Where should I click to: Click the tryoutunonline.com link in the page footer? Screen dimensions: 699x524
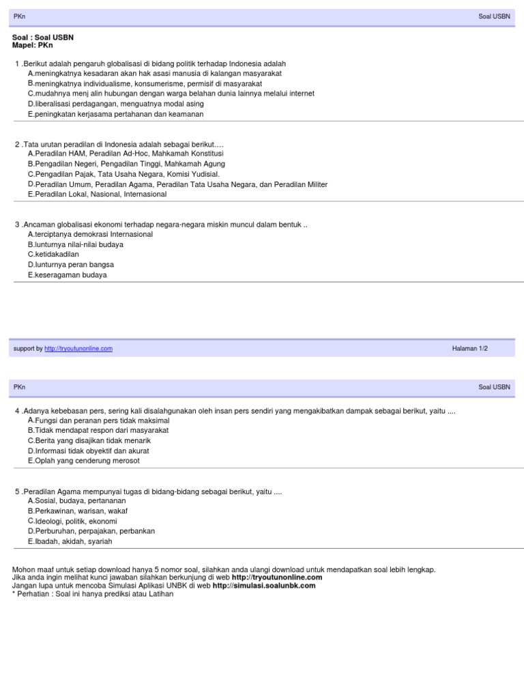tap(78, 348)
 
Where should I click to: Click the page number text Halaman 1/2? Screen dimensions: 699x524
tap(470, 348)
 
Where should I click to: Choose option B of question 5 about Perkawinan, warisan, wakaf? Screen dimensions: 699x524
tap(77, 511)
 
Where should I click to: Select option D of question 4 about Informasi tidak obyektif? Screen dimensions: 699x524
tap(88, 451)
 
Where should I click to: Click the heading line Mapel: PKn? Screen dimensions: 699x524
tap(32, 45)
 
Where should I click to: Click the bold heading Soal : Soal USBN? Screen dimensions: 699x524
tap(43, 38)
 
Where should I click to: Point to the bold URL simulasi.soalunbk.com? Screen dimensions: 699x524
tap(264, 585)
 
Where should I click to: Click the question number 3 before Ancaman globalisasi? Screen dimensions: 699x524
tap(17, 224)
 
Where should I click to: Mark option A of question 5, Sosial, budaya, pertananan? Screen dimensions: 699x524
tap(76, 500)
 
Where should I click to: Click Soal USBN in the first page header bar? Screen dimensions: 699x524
tap(494, 15)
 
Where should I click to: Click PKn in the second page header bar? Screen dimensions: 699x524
tap(19, 387)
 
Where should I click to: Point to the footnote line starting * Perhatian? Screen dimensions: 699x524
tap(93, 594)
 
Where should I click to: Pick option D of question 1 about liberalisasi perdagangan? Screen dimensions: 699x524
tap(115, 104)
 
